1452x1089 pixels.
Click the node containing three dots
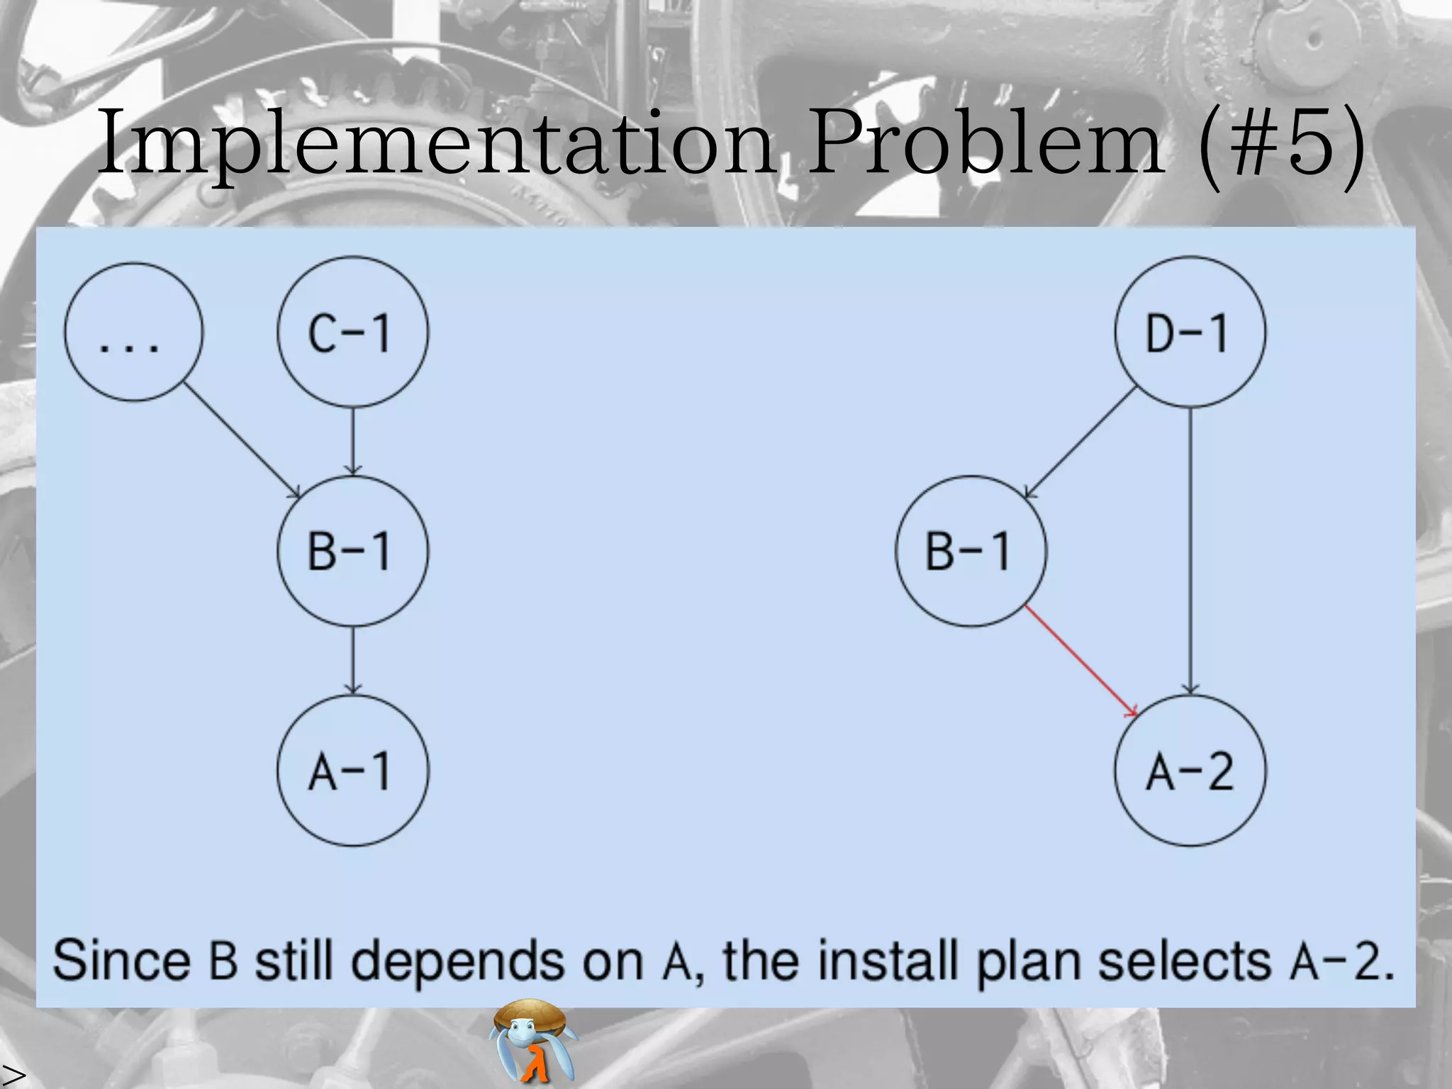[x=133, y=332]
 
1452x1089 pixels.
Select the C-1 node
[x=352, y=332]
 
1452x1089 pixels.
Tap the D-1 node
[x=1190, y=332]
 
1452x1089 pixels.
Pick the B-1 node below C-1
[x=352, y=551]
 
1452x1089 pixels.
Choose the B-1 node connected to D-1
[x=971, y=551]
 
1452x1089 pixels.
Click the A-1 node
[x=352, y=771]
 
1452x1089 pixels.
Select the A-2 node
[x=1190, y=771]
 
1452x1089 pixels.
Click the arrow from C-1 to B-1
[x=353, y=440]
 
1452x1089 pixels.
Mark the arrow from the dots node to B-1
[x=241, y=440]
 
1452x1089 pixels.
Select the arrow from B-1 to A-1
[x=353, y=659]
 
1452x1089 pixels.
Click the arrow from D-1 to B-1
[x=1080, y=443]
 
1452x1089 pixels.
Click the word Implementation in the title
[x=436, y=142]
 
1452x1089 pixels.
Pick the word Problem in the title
[x=985, y=142]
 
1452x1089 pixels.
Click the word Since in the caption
[x=122, y=961]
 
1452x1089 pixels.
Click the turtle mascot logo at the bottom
[x=533, y=1041]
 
